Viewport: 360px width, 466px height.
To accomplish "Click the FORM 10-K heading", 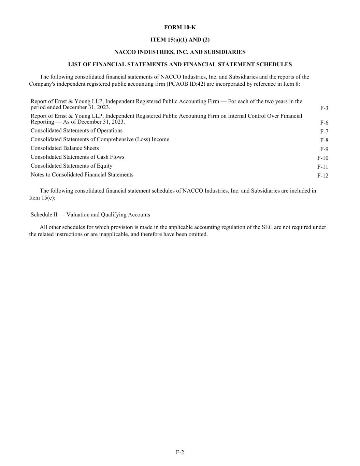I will [x=180, y=27].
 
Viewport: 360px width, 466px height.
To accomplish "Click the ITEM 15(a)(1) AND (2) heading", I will [x=180, y=40].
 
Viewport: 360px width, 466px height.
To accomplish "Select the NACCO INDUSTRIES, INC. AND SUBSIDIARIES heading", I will [x=180, y=52].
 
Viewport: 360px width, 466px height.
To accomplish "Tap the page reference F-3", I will [x=324, y=108].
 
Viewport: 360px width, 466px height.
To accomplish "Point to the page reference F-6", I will [x=324, y=123].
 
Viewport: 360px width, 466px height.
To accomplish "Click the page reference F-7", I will [x=324, y=131].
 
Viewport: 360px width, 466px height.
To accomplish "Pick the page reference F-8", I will [x=324, y=140].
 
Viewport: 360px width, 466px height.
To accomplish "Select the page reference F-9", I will [x=324, y=149].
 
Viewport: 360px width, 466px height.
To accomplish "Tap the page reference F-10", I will [x=323, y=158].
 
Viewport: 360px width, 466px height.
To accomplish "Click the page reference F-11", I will [x=323, y=167].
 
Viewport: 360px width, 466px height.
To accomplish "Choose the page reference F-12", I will [x=323, y=176].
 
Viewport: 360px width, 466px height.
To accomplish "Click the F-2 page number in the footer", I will [x=180, y=452].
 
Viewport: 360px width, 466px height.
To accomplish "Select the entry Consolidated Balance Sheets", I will [x=64, y=148].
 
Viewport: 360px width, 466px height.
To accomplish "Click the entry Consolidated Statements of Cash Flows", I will [x=77, y=157].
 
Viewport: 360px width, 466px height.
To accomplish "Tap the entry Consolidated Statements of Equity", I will [x=71, y=166].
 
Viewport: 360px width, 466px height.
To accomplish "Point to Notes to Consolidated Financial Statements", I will [x=82, y=175].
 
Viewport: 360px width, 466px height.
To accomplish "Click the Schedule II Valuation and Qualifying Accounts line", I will [x=90, y=215].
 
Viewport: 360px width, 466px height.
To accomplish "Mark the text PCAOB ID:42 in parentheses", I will [x=186, y=84].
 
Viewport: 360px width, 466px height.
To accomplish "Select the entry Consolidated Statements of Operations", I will [x=76, y=130].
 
